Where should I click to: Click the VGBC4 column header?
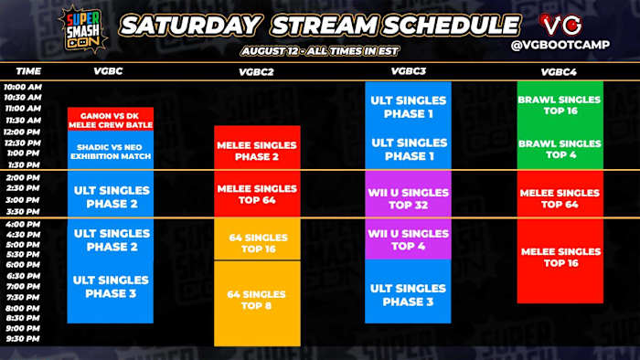559,70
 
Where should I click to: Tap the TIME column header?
28,70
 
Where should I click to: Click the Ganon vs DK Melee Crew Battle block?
110,119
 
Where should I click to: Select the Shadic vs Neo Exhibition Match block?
110,151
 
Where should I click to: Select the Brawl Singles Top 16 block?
560,104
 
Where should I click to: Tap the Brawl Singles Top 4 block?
560,149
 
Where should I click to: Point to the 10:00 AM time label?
23,87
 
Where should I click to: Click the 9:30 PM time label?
23,337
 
